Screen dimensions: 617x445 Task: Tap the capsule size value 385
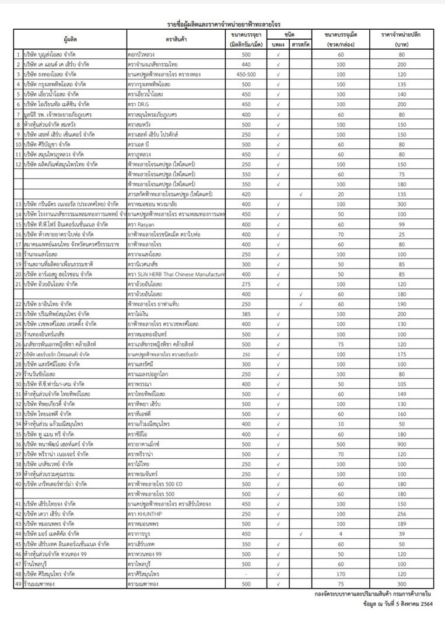(x=246, y=313)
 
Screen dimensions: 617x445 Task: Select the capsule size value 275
(x=246, y=284)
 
